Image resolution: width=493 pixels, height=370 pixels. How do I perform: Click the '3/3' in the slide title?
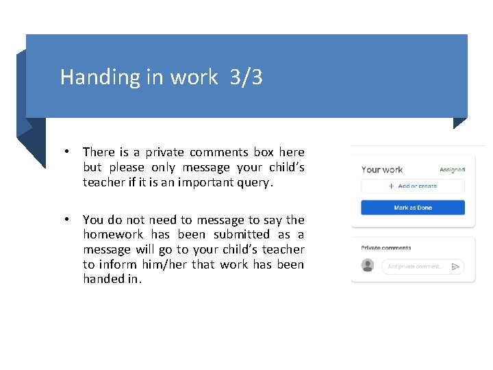tap(246, 77)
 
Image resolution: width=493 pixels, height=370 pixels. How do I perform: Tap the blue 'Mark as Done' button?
tap(413, 208)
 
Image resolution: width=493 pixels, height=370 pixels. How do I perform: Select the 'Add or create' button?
tap(413, 186)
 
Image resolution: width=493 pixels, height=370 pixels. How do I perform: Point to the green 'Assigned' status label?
tap(452, 169)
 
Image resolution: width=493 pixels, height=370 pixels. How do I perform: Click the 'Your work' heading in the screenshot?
tap(382, 169)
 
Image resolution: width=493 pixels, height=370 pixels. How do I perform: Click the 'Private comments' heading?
tap(386, 248)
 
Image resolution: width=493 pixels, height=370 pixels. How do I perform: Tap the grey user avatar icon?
tap(368, 266)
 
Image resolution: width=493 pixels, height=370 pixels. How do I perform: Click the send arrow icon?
tap(456, 267)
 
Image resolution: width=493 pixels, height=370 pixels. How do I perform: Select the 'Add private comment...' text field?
tap(415, 267)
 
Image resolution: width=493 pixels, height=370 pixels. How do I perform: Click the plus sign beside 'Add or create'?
tap(391, 186)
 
